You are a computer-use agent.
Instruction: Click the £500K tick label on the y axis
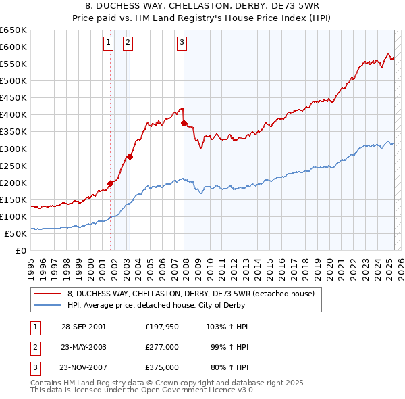[13, 80]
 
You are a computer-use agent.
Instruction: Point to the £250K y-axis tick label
[13, 166]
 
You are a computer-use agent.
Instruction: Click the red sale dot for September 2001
[110, 183]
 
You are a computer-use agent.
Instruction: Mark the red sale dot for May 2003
[130, 156]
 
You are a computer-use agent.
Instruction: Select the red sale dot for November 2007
[184, 123]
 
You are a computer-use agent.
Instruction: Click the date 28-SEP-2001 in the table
[84, 327]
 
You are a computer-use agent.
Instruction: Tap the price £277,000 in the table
[162, 347]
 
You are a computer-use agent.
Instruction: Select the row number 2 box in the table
[34, 347]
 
